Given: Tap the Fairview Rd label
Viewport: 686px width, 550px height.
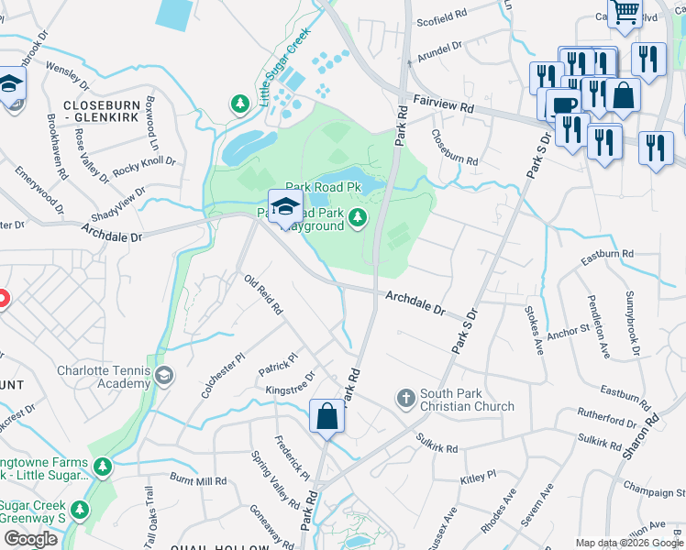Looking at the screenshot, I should click(x=443, y=107).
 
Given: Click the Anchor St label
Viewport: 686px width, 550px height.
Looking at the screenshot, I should click(x=567, y=331).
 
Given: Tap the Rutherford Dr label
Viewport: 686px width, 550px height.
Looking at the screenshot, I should click(x=607, y=421).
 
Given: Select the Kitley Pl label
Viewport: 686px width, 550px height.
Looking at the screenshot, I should click(x=478, y=477).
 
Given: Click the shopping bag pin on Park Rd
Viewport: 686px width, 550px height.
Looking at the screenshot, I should click(x=327, y=417).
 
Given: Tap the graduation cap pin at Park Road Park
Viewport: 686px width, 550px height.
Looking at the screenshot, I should click(x=286, y=206).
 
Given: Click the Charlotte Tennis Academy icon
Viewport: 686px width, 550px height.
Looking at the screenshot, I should click(x=163, y=374).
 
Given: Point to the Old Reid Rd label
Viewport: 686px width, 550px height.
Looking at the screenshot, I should click(x=262, y=293).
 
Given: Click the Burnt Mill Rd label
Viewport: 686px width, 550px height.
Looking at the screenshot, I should click(x=198, y=479).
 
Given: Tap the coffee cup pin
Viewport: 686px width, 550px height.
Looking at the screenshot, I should click(x=565, y=105).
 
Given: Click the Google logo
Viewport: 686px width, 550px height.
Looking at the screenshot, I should click(x=30, y=539).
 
